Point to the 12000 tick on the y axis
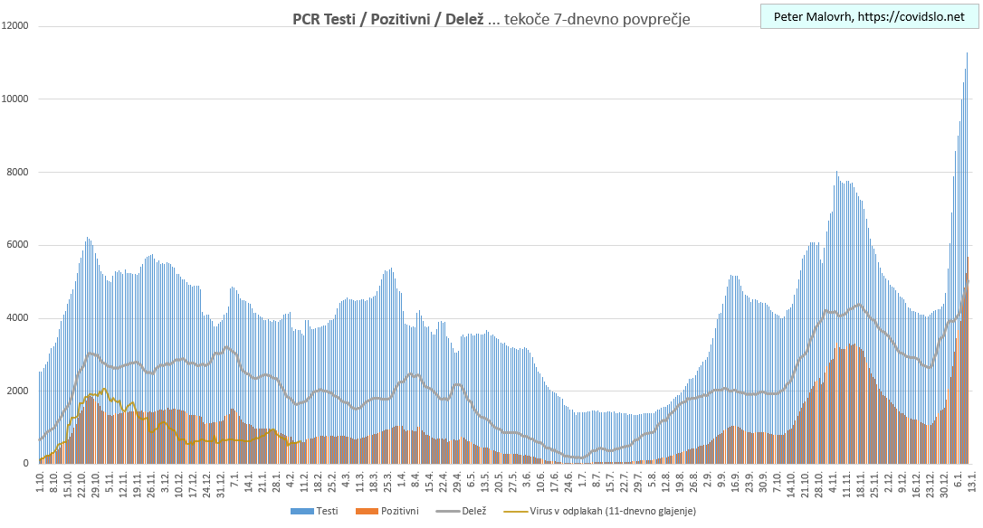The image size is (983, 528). pos(16,26)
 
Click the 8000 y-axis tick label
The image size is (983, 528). pos(19,172)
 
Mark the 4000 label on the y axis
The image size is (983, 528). pos(19,318)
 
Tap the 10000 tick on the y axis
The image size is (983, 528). pos(16,99)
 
